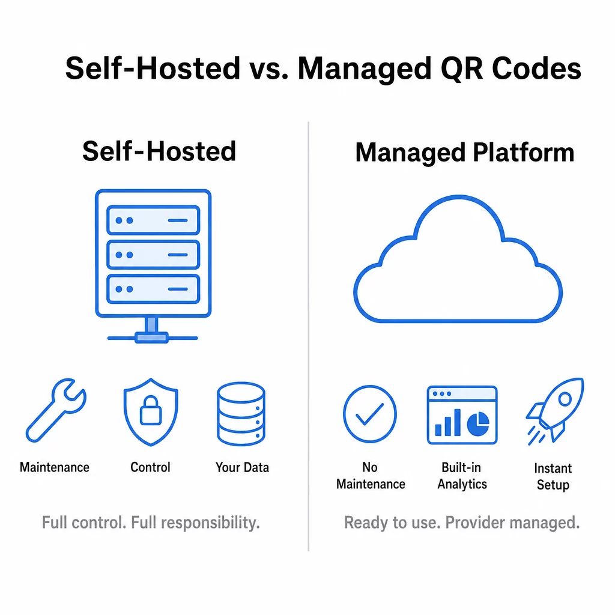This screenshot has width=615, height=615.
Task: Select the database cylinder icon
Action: click(x=241, y=414)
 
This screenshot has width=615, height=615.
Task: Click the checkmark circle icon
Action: click(x=370, y=414)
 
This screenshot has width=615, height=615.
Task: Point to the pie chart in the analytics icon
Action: click(x=478, y=424)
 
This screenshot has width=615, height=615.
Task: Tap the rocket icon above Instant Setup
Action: click(x=555, y=411)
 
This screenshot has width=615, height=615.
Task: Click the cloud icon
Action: click(x=458, y=259)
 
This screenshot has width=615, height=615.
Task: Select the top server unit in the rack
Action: click(x=153, y=220)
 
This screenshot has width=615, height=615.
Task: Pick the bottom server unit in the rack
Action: click(x=153, y=289)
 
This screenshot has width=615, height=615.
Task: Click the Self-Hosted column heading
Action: click(x=159, y=151)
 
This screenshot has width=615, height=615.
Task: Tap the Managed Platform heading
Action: click(x=465, y=153)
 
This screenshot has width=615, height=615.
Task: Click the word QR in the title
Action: click(x=462, y=69)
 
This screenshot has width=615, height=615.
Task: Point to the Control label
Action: click(x=150, y=467)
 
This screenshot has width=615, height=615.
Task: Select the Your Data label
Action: click(x=242, y=467)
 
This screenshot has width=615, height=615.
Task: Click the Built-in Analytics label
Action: click(x=462, y=476)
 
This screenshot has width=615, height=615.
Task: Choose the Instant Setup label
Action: click(x=553, y=476)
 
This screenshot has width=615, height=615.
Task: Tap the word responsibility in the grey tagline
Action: click(x=210, y=523)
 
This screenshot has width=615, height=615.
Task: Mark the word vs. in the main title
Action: click(x=268, y=69)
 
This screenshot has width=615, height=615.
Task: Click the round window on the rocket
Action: click(x=565, y=399)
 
